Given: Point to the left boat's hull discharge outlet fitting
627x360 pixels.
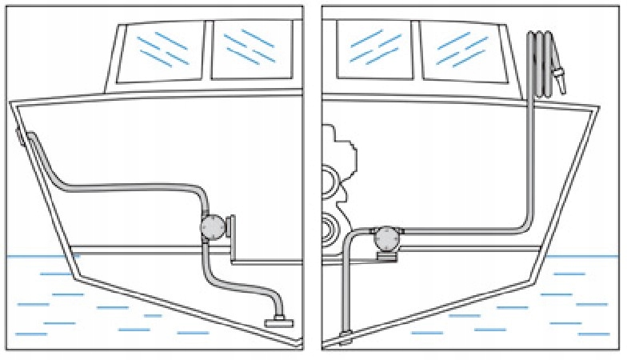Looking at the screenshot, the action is pos(21,137).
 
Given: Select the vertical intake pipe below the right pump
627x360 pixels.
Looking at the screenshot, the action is pos(345,288).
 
